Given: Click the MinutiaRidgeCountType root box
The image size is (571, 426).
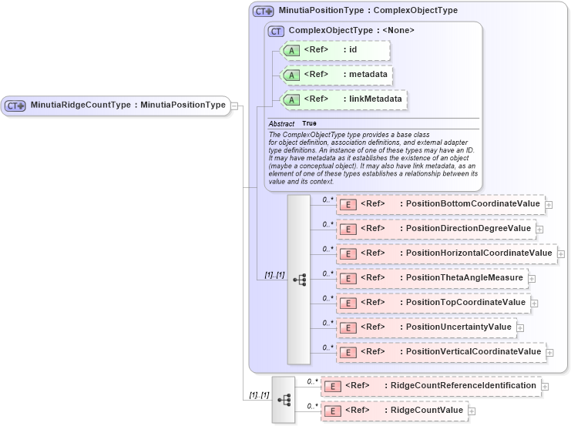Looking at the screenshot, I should pos(116,106).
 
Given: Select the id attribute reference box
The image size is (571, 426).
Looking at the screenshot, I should pos(336,51).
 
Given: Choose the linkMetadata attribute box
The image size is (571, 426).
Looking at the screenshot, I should pos(343,99).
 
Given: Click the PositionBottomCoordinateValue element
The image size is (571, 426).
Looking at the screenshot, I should pos(440,204).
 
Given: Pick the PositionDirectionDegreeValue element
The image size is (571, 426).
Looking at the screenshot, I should pos(435,229).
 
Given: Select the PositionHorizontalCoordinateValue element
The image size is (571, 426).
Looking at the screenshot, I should pos(446,253).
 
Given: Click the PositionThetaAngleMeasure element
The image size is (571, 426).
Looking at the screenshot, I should pos(432,278).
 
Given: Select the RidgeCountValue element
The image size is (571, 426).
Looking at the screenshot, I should pos(394,411).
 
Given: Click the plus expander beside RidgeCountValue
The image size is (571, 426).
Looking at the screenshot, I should pos(472,411).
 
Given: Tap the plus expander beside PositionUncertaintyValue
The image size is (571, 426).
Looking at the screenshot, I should pos(520,328).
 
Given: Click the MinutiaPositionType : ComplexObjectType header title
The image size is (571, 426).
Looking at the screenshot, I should pos(368,11).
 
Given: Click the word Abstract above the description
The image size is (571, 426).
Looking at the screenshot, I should pos(281,123).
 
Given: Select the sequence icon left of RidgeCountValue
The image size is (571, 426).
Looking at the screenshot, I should pos(284,400).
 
